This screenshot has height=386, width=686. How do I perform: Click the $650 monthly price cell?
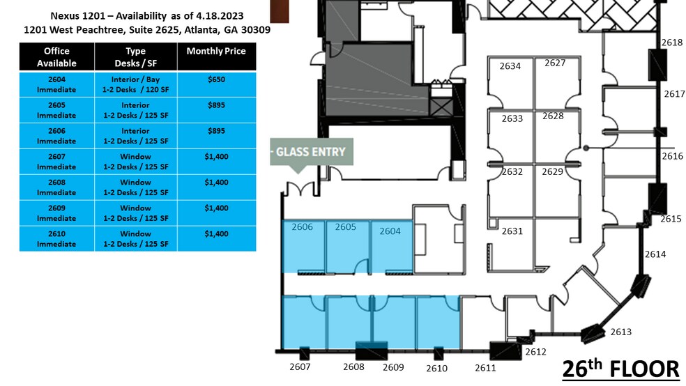[x=217, y=84]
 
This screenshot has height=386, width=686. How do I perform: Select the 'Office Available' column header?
[x=57, y=57]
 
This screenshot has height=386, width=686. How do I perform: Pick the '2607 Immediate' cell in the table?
[x=57, y=162]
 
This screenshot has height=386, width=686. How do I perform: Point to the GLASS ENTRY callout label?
[x=312, y=152]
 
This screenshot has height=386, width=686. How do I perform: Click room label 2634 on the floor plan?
[x=510, y=66]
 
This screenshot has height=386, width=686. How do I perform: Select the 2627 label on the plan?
[x=555, y=63]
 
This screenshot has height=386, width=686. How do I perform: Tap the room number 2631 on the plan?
[x=512, y=231]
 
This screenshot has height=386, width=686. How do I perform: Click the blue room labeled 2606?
[x=304, y=246]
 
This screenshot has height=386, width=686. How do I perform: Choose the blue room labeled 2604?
[x=392, y=246]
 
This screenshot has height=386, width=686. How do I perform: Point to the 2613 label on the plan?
[x=620, y=332]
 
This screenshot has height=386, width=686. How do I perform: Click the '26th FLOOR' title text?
[x=620, y=369]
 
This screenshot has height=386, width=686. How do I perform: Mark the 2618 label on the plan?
[x=672, y=43]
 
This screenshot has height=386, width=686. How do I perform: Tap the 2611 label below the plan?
[x=486, y=368]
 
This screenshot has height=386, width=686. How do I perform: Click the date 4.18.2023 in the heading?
[x=220, y=16]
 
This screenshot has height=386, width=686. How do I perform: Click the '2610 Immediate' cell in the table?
[x=57, y=239]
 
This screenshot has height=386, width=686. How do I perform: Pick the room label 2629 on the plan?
[x=553, y=172]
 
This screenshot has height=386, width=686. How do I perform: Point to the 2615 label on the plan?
[x=671, y=219]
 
